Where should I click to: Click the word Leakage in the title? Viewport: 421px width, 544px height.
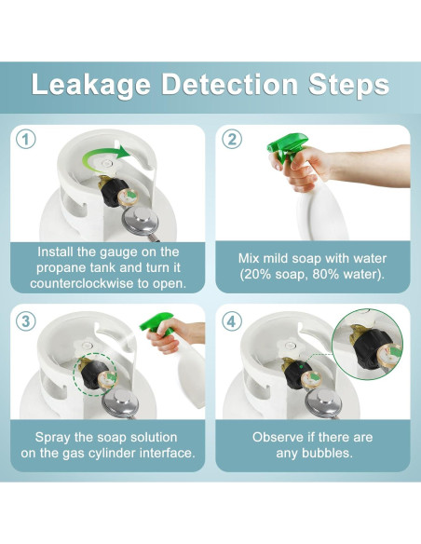[x=91, y=86]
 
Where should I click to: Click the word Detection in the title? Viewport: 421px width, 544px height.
[x=229, y=84]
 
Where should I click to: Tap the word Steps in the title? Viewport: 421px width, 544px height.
[x=349, y=86]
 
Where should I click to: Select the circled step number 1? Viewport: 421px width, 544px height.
[x=26, y=140]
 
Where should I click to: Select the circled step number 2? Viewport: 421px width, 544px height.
[x=232, y=140]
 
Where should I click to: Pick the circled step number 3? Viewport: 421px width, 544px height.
[x=26, y=321]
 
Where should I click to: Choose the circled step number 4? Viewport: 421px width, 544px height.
[x=232, y=321]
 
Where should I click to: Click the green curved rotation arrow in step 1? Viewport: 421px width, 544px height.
[x=104, y=157]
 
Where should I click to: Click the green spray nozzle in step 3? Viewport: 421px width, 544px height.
[x=156, y=322]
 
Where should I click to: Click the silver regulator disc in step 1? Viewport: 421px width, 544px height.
[x=141, y=221]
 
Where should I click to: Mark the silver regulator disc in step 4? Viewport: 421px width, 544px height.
[x=323, y=401]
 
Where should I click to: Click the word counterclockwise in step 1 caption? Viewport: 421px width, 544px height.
[x=82, y=283]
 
